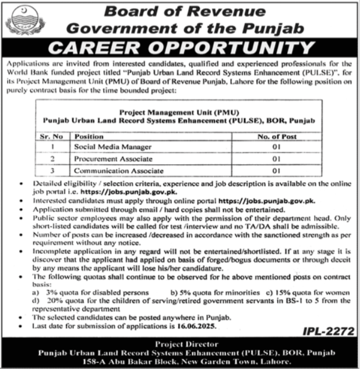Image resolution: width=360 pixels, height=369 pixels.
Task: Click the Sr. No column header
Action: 53,136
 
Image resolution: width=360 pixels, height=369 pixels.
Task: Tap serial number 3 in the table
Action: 52,170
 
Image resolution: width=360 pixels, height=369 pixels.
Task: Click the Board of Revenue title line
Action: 180,10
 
